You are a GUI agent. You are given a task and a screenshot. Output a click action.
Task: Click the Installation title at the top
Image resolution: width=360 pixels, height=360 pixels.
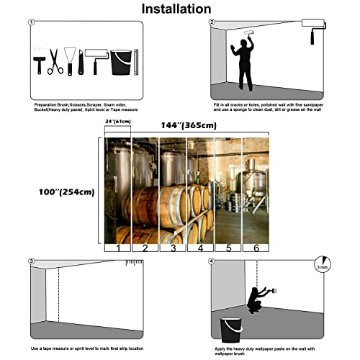click(x=176, y=9)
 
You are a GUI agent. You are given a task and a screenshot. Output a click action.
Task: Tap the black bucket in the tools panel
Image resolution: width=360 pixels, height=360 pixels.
click(x=120, y=63)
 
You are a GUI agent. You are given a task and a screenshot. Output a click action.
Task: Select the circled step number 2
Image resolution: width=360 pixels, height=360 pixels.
click(x=212, y=22)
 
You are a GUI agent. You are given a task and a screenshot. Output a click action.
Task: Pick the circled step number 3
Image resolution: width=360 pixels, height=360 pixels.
click(x=31, y=261)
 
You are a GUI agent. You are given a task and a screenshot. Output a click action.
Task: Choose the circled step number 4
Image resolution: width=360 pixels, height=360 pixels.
click(x=212, y=261)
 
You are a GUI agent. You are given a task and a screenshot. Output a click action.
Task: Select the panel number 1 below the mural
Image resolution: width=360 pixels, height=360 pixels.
click(x=118, y=248)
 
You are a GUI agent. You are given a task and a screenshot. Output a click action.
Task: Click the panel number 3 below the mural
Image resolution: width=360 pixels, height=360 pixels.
click(x=172, y=248)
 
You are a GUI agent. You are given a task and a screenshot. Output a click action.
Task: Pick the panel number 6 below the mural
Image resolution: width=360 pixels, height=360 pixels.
click(x=254, y=248)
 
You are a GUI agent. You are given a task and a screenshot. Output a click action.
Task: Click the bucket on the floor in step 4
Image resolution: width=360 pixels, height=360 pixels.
click(x=230, y=328)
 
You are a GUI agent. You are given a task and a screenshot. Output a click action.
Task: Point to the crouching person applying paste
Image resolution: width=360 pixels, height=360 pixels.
click(x=255, y=301)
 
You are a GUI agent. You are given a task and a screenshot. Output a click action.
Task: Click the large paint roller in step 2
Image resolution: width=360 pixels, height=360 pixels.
click(x=315, y=25)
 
